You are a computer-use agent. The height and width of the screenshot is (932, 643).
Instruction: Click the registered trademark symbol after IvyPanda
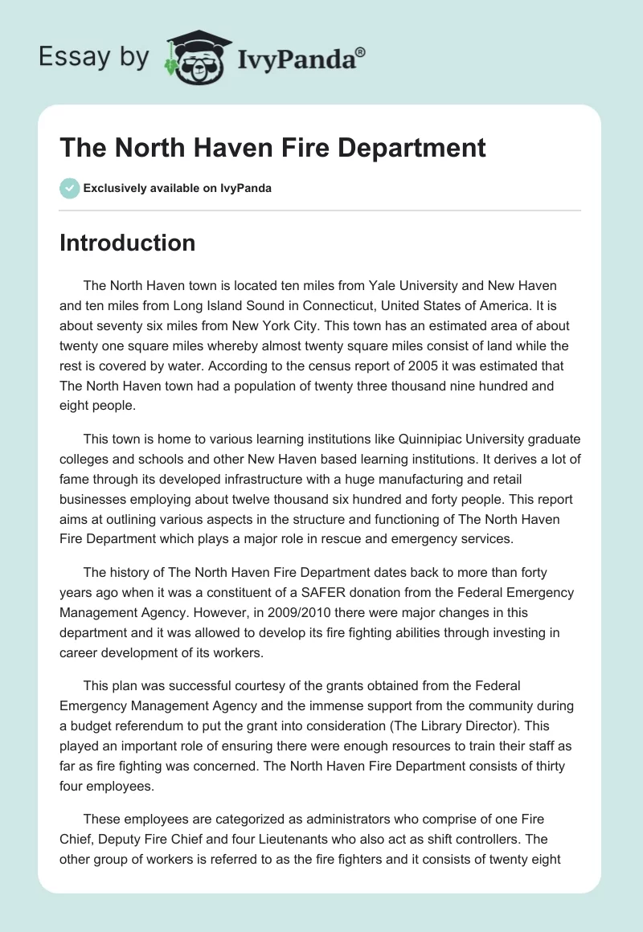(x=361, y=51)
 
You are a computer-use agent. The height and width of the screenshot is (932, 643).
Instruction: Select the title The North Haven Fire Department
(x=272, y=148)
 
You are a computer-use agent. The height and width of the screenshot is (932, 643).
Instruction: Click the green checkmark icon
(x=69, y=188)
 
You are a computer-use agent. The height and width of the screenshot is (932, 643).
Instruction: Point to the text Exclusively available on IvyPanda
(x=178, y=188)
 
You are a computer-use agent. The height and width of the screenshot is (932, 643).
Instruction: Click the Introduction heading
(x=127, y=243)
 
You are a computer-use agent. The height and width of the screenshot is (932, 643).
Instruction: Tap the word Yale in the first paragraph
(x=384, y=286)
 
